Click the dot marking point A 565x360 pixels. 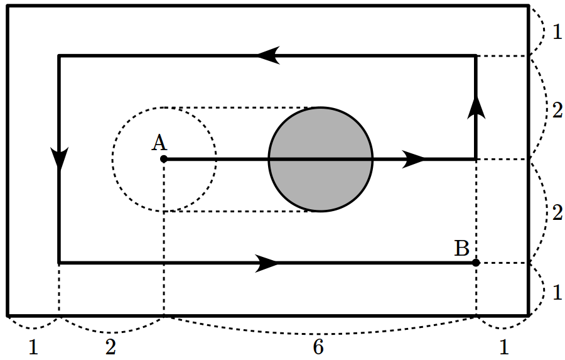(163, 159)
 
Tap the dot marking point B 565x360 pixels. (476, 262)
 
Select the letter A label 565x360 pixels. (159, 143)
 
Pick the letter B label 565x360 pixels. (462, 249)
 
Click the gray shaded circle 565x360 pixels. (321, 159)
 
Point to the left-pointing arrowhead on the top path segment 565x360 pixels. (268, 56)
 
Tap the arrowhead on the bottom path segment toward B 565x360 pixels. (268, 262)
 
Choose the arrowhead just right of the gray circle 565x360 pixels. (414, 159)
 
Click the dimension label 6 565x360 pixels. (318, 347)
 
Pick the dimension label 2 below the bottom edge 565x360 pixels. (110, 347)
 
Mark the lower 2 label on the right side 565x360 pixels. (557, 213)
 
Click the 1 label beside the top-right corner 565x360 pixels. (557, 31)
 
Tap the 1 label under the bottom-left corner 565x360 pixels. (33, 347)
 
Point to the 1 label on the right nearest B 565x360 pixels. (557, 292)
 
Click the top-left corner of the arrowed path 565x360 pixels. (59, 56)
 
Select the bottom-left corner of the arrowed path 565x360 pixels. (59, 262)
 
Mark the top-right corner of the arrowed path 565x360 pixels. (476, 56)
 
